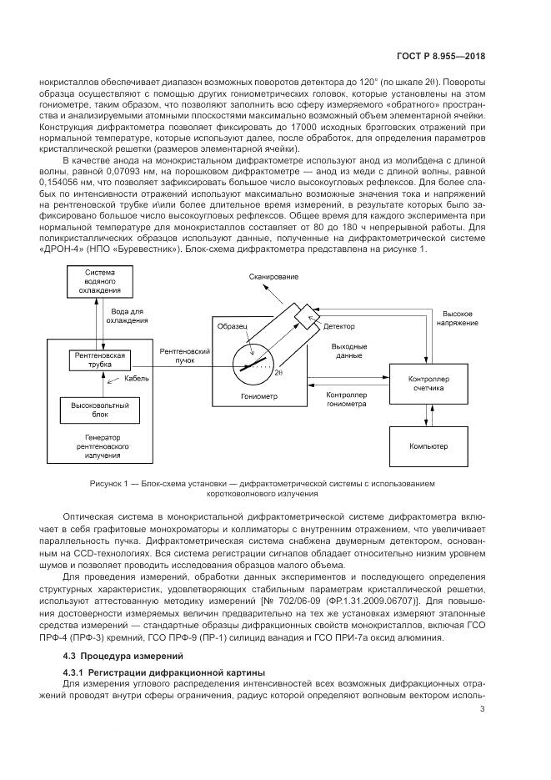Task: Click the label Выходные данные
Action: click(348, 350)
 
